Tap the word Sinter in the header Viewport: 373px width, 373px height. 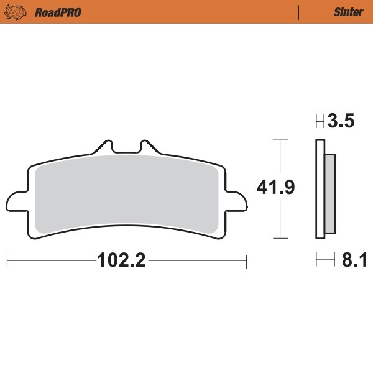pyautogui.click(x=348, y=12)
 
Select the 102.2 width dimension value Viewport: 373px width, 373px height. pyautogui.click(x=121, y=260)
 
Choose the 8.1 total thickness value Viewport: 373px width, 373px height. pyautogui.click(x=354, y=260)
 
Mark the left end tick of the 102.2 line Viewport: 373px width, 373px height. pyautogui.click(x=7, y=260)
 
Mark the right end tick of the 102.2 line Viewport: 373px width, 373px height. pyautogui.click(x=247, y=260)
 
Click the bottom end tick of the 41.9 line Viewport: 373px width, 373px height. pyautogui.click(x=282, y=238)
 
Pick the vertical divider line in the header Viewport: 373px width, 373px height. pyautogui.click(x=300, y=12)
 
